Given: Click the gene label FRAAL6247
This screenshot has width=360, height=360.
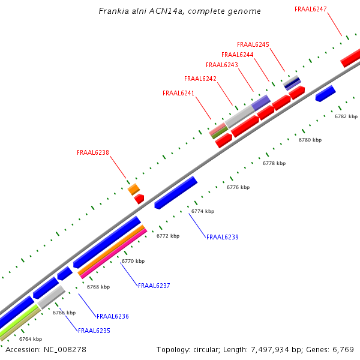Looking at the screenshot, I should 311,9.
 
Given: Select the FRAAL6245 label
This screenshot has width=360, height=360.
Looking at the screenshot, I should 253,44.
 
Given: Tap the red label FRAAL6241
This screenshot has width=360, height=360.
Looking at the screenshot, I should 179,93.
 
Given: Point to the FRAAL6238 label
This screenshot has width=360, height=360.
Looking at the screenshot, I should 93,152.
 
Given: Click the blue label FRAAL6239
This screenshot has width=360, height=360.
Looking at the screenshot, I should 223,238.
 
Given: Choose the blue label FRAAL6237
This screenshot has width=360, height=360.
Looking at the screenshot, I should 154,286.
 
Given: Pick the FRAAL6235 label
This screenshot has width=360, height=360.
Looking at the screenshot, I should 94,331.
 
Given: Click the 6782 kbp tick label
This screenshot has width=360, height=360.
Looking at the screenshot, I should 346,116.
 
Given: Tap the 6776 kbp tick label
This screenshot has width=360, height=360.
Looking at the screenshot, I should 238,188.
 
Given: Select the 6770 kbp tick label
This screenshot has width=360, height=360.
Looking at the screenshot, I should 133,262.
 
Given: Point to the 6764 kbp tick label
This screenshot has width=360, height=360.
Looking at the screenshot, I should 31,339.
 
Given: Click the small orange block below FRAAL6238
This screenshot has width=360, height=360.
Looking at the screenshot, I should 133,190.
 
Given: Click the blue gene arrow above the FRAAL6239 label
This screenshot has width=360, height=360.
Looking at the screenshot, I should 176,193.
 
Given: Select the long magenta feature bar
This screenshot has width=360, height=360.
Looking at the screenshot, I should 114,252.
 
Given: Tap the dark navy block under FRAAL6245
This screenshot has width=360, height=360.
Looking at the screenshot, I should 292,82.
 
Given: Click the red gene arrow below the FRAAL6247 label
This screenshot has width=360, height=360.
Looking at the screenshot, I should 350,58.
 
